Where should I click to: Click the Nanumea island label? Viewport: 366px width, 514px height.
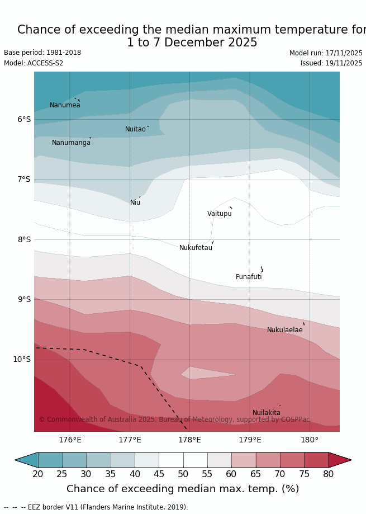(x=65, y=105)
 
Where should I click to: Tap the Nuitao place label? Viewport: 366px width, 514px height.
(x=135, y=129)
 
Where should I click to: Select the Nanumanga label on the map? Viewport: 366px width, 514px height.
(x=71, y=143)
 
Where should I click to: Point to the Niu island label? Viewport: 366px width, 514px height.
(x=135, y=202)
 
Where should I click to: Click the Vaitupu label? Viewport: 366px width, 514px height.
(x=219, y=214)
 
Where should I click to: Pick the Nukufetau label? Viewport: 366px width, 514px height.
(x=196, y=248)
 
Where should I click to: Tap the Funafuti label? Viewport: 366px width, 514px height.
(x=249, y=277)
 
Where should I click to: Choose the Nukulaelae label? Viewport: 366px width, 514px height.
(x=284, y=330)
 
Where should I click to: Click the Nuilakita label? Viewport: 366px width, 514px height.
(x=267, y=413)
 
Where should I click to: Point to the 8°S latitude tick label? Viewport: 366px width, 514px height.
(x=23, y=239)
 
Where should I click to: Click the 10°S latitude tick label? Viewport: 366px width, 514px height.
(x=22, y=359)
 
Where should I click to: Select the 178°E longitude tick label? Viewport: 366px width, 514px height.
(x=189, y=440)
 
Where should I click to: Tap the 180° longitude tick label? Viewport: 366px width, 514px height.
(x=310, y=440)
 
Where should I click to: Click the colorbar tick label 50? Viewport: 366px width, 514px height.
(x=183, y=474)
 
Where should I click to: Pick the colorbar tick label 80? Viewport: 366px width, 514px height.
(x=328, y=474)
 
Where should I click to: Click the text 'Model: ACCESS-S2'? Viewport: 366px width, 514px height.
(x=34, y=63)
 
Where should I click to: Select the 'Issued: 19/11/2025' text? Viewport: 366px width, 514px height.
(x=331, y=63)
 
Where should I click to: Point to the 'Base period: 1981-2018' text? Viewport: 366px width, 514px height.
(x=42, y=53)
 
